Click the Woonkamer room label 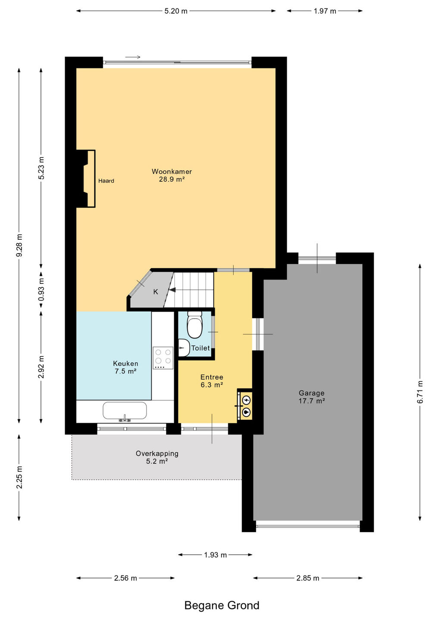[172, 172]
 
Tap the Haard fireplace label [106, 181]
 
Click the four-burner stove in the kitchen [163, 358]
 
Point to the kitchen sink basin [125, 410]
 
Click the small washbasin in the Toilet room [183, 347]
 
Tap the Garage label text [311, 393]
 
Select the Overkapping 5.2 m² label [157, 457]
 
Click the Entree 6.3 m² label [212, 381]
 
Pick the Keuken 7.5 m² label [125, 367]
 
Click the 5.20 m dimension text [176, 11]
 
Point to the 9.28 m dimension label [19, 245]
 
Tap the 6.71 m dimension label [420, 392]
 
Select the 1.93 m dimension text [215, 555]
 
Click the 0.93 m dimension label [41, 289]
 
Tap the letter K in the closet [156, 292]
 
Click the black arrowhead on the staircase [172, 290]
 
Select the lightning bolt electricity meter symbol [246, 400]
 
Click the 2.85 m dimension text [307, 578]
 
